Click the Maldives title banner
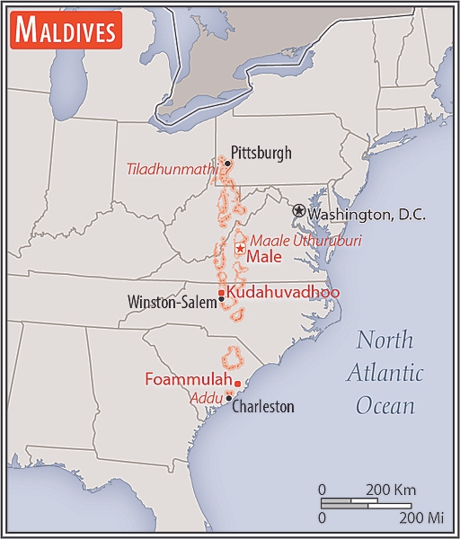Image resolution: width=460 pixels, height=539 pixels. coord(65,31)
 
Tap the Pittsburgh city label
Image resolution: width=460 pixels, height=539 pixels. coord(261,153)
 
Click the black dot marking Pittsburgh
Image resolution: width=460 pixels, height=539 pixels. coord(226,163)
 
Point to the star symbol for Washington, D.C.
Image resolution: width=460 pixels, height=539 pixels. coord(298,209)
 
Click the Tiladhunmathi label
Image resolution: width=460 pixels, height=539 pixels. coord(172,168)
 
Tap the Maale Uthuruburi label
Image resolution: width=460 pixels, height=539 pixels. coord(292,240)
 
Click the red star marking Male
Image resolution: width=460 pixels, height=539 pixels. coord(239,249)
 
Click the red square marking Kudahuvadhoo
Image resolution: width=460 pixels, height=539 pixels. coord(221,292)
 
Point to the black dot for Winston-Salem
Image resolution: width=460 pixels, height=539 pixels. coord(221,299)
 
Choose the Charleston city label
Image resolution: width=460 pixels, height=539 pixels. coord(263,406)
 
